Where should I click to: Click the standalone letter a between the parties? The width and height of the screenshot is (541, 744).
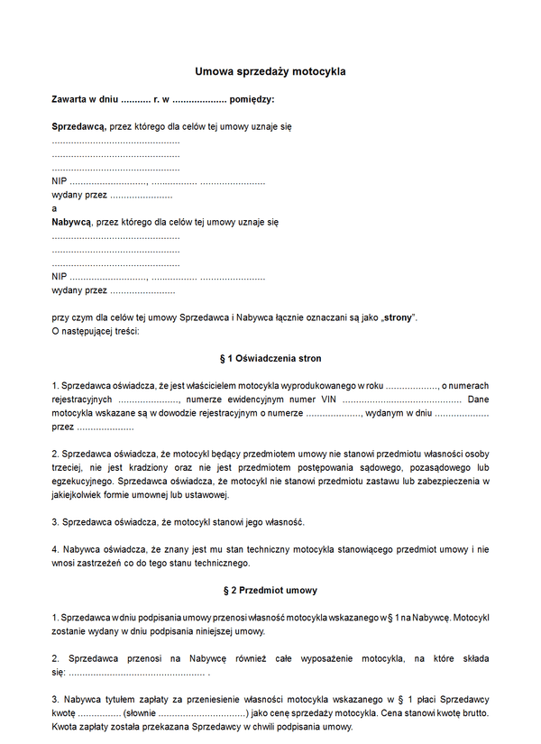(x=54, y=208)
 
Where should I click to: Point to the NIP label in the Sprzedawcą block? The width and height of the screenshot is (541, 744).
(x=60, y=182)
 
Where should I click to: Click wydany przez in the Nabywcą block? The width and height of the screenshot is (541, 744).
(x=79, y=290)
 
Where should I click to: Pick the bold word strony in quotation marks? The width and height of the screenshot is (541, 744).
(x=398, y=317)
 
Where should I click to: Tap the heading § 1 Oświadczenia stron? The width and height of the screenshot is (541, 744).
(x=270, y=358)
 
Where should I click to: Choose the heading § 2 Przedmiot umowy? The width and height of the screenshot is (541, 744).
(x=270, y=591)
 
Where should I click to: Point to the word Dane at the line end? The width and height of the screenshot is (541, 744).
(x=479, y=399)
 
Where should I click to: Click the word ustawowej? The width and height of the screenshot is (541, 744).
(x=208, y=494)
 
